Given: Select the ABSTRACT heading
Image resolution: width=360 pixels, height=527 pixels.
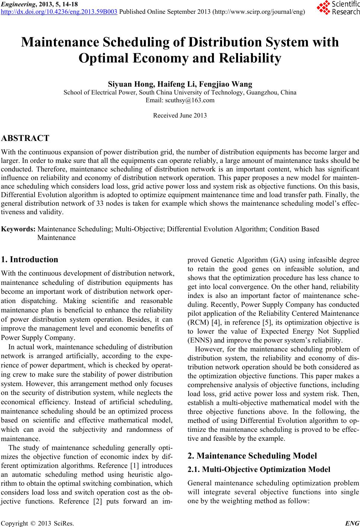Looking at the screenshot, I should (x=25, y=138).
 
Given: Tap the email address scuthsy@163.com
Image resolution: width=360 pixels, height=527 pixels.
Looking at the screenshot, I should (x=180, y=100).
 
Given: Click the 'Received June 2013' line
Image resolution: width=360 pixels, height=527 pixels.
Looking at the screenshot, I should (x=180, y=115).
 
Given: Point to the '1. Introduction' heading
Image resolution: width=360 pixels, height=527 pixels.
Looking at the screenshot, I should (x=30, y=260).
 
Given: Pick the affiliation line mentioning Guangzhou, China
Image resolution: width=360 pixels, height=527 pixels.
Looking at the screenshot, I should (x=180, y=93).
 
